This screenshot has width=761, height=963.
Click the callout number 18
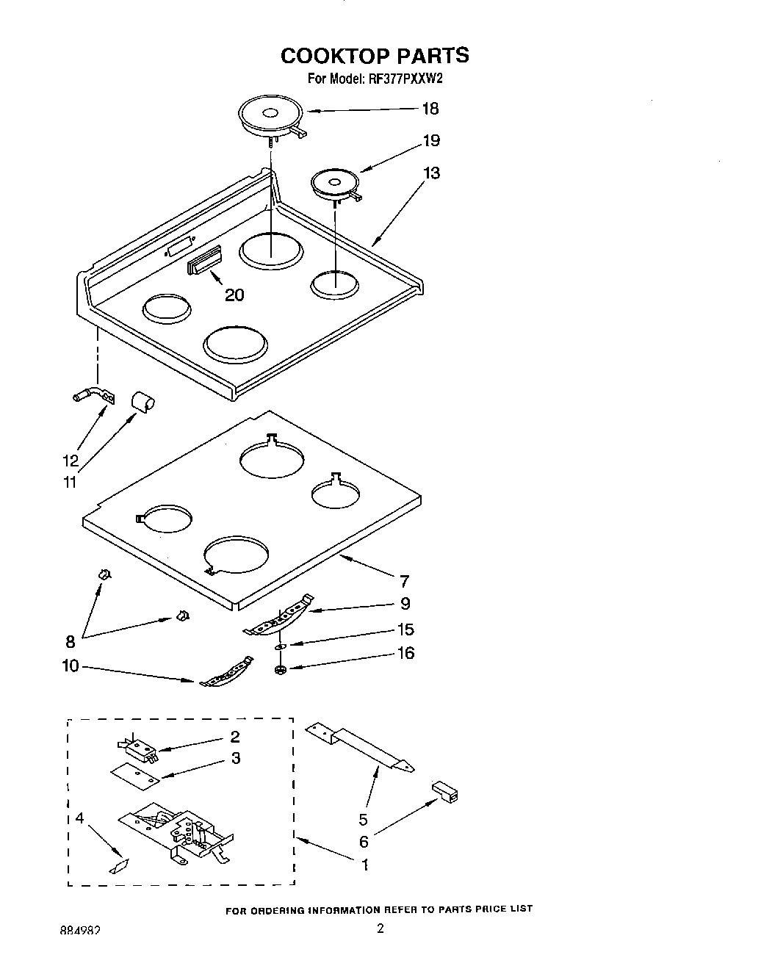[x=430, y=109]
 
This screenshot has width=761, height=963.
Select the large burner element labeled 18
[x=269, y=116]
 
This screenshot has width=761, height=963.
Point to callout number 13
[x=431, y=173]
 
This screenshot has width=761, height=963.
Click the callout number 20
[x=234, y=295]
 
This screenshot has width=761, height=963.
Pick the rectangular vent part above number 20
[x=204, y=260]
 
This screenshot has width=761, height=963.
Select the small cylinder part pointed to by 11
[x=143, y=401]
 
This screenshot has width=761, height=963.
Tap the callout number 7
[x=404, y=581]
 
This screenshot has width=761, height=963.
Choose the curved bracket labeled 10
[x=226, y=674]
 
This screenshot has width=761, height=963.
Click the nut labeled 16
[x=279, y=669]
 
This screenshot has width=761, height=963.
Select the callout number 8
[x=71, y=641]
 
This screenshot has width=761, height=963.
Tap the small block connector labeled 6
[x=445, y=792]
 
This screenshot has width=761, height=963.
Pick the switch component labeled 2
[x=137, y=748]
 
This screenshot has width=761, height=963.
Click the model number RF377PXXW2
[x=405, y=79]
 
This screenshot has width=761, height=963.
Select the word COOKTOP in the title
[x=335, y=56]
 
